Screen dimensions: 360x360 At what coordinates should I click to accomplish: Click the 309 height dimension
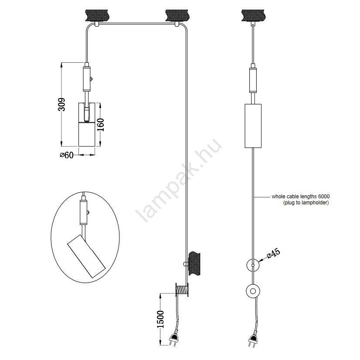(x=61, y=105)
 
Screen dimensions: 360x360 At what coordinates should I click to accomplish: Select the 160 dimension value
(x=101, y=125)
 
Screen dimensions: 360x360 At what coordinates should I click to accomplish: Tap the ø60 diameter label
(x=67, y=155)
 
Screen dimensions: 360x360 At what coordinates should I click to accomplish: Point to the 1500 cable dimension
(x=160, y=319)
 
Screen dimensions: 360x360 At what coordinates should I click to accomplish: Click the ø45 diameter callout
(x=274, y=253)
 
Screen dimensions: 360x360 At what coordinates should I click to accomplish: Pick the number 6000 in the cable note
(x=324, y=197)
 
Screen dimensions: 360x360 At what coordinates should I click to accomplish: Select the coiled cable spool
(x=182, y=289)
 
